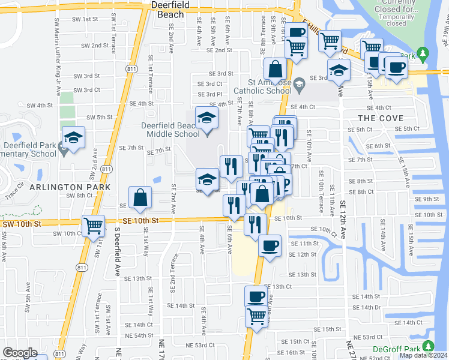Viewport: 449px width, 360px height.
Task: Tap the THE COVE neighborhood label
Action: [381, 118]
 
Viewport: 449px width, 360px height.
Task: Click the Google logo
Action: [20, 353]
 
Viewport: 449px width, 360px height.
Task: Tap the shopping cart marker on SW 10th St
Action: [94, 227]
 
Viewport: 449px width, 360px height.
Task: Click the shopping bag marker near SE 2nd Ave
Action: [140, 198]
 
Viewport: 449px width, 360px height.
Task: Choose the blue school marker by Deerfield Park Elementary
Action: [74, 139]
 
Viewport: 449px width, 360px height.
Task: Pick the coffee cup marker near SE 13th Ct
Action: [256, 296]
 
